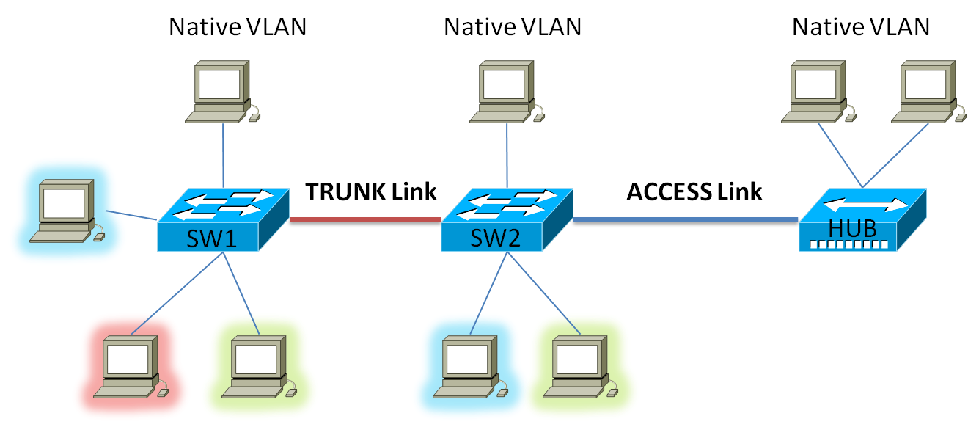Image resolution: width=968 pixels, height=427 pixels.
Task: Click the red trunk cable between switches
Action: click(365, 219)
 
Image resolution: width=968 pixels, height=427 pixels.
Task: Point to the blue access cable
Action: click(685, 219)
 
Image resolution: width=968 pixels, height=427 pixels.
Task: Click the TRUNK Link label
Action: click(371, 191)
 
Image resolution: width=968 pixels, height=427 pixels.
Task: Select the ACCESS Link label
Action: click(694, 191)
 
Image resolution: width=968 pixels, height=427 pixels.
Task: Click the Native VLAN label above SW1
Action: click(238, 27)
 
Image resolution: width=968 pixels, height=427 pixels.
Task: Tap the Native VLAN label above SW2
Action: click(513, 27)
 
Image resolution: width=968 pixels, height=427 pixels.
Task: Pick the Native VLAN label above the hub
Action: click(861, 27)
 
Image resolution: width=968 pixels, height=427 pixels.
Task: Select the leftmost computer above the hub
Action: click(818, 91)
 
